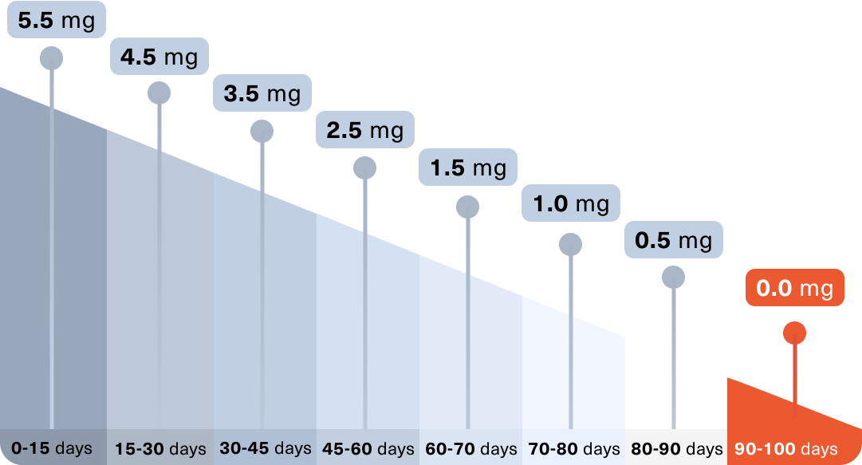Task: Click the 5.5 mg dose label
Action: coord(56,21)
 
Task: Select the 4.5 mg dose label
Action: coord(159,57)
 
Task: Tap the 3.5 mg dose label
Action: coord(262,93)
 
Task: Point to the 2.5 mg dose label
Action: coord(364,130)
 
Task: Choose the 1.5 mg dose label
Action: coord(468,167)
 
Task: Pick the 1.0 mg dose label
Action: coord(571,203)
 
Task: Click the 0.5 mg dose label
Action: coord(674,240)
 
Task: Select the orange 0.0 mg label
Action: coord(794,288)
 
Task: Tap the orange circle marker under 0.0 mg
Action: coord(794,333)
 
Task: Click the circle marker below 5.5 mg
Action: coord(52,57)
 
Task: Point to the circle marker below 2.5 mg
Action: coord(364,167)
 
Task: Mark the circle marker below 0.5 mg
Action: coord(674,277)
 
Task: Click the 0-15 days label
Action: coord(52,448)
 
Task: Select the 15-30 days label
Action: coord(160,449)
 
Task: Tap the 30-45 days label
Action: coord(266,448)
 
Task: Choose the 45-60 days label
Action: coord(368,449)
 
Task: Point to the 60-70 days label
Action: coord(471,449)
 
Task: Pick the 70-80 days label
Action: coord(574,449)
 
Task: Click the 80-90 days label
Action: coord(677,449)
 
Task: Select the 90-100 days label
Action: coord(786,449)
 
